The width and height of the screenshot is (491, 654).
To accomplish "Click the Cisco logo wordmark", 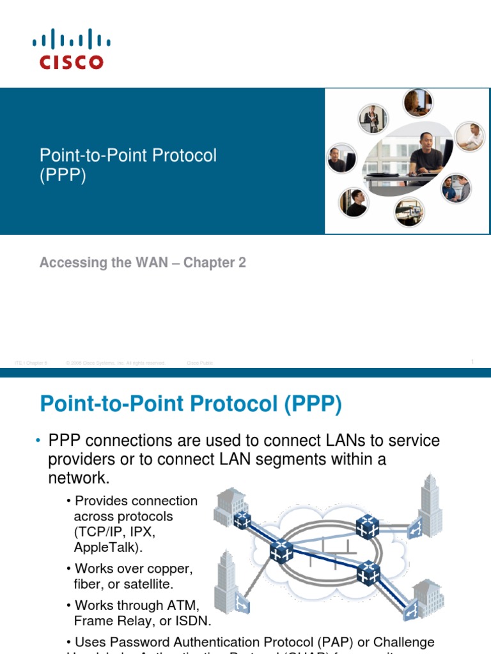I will pyautogui.click(x=71, y=62).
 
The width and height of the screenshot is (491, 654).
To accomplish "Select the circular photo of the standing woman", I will pyautogui.click(x=371, y=118).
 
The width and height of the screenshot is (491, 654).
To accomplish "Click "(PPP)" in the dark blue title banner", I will pyautogui.click(x=63, y=175).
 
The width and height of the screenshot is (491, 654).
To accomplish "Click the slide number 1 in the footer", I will pyautogui.click(x=472, y=362).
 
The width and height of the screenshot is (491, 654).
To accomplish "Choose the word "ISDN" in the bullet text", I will pyautogui.click(x=196, y=620).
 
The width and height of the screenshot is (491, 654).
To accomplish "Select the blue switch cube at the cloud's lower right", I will pyautogui.click(x=369, y=572).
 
